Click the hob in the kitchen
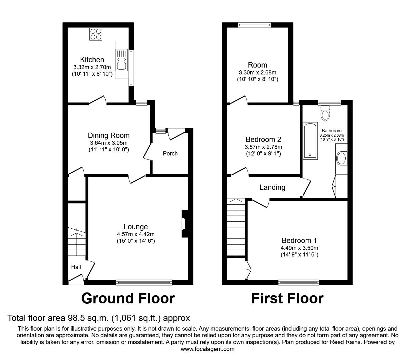[96, 34]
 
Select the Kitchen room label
[92, 60]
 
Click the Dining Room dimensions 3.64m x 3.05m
[108, 143]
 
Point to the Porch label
[170, 154]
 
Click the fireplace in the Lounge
[184, 224]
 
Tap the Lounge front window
[144, 282]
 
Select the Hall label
[76, 267]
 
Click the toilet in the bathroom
[325, 113]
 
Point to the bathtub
[310, 141]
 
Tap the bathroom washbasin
[342, 159]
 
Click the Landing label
[272, 187]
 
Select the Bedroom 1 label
[299, 241]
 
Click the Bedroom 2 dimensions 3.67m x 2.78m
[263, 147]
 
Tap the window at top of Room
[254, 25]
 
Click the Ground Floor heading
[128, 298]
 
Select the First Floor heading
[287, 298]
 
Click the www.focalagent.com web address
[207, 349]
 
